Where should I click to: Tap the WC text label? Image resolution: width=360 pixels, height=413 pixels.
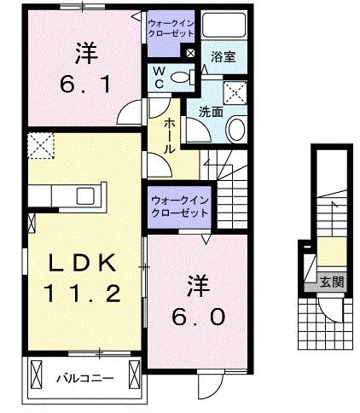pos(160,78)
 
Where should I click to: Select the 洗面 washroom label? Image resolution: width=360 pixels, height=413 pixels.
pos(211,112)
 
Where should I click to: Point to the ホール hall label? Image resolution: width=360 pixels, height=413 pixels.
pos(169,136)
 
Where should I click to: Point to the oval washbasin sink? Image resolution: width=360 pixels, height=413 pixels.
pos(236,129)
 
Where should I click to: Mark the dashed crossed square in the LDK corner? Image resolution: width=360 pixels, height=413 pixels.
pos(41,147)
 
